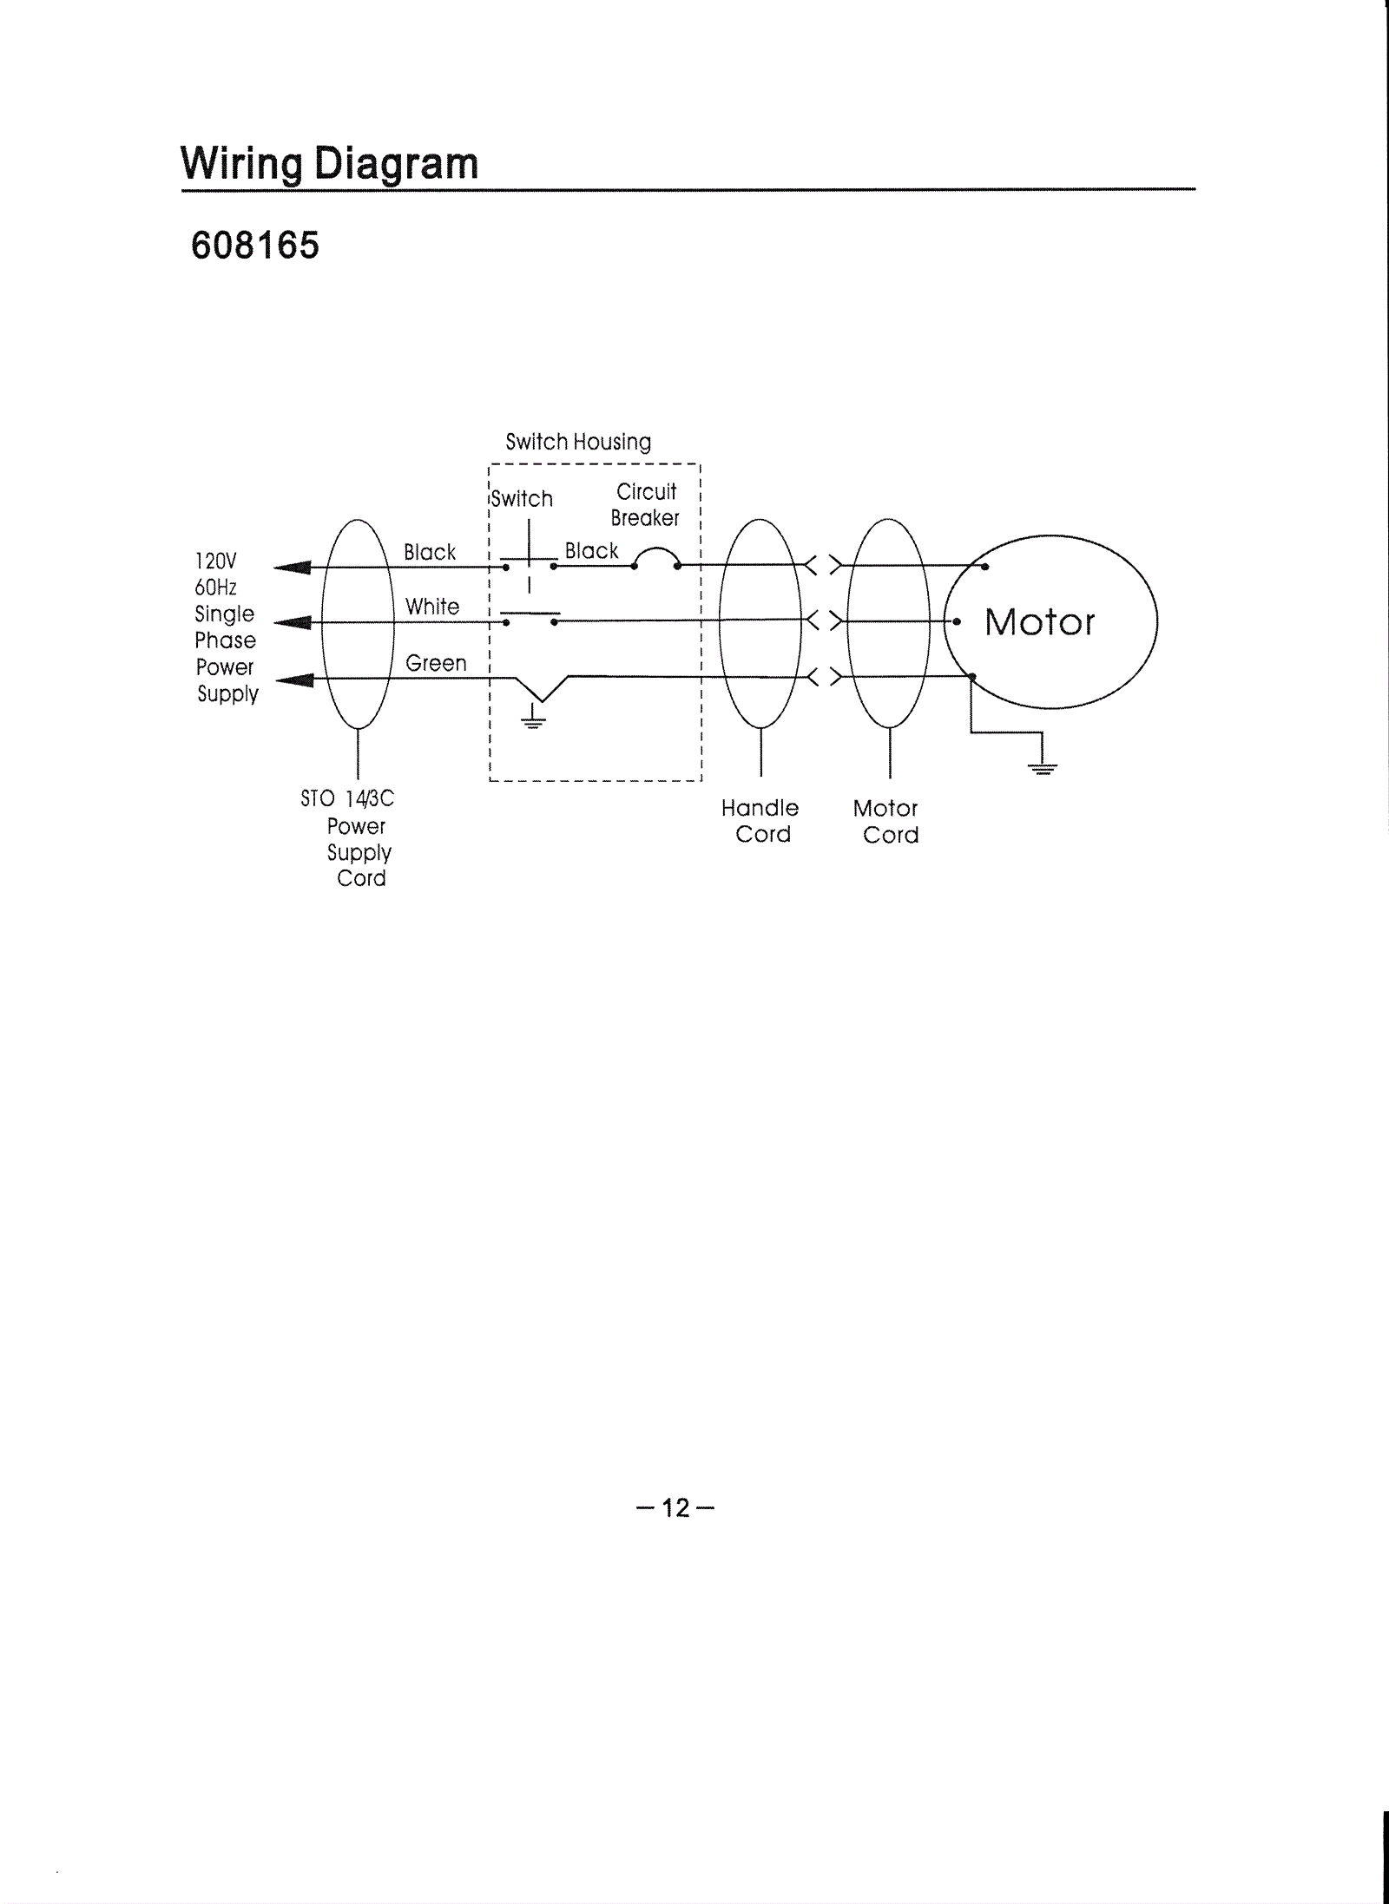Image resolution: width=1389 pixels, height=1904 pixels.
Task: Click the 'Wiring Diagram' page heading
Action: [x=330, y=163]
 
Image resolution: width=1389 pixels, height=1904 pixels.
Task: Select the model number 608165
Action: [x=255, y=246]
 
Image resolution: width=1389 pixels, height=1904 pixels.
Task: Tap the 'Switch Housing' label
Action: [x=578, y=442]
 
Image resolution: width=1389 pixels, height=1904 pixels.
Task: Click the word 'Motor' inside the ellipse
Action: [x=1039, y=622]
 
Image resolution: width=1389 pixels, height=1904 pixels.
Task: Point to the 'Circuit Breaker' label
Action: [x=646, y=505]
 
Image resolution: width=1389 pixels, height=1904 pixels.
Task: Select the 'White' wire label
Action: [x=432, y=607]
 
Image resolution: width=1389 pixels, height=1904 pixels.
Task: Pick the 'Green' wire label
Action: [x=436, y=663]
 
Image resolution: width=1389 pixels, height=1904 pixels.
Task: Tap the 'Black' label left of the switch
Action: [x=430, y=552]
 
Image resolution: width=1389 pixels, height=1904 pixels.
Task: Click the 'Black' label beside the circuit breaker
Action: [x=591, y=551]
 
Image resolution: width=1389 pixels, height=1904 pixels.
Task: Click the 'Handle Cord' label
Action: [x=760, y=821]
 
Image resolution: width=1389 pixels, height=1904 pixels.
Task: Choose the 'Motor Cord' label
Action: [x=887, y=821]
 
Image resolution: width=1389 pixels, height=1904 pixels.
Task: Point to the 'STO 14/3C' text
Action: [x=347, y=798]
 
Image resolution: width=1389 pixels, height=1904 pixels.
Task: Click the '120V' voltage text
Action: [x=215, y=561]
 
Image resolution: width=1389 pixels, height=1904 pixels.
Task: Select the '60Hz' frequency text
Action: [x=216, y=588]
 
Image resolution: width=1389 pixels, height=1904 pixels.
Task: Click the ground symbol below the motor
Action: [x=1043, y=765]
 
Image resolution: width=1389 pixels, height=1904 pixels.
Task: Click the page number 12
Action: [x=675, y=1507]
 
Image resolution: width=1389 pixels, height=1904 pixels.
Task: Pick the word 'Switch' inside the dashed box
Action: [x=522, y=499]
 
